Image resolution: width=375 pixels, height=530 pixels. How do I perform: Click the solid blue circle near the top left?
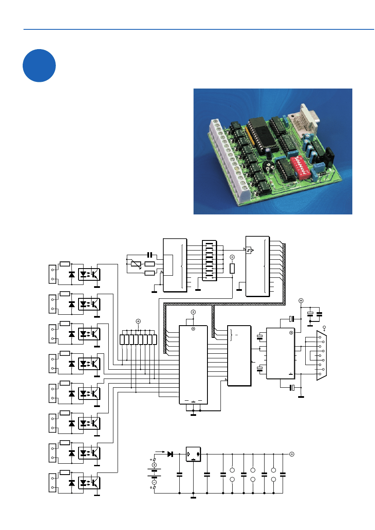coord(39,65)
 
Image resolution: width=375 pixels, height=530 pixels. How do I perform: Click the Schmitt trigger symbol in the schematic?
coord(250,251)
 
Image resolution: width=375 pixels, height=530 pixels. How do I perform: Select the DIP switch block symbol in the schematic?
coord(209,261)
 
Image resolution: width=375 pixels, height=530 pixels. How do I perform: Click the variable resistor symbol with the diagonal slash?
coord(135,264)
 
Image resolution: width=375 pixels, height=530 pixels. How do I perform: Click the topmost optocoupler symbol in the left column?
coord(89,273)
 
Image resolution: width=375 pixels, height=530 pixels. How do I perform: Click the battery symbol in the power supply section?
coord(154,474)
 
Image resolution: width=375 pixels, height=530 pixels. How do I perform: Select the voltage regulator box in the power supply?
coord(193,454)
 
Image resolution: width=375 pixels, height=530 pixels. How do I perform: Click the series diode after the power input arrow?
coord(170,454)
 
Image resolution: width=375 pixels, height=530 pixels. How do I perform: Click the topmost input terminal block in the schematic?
coord(52,273)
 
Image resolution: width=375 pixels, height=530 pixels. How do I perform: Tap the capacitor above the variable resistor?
coord(150,255)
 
